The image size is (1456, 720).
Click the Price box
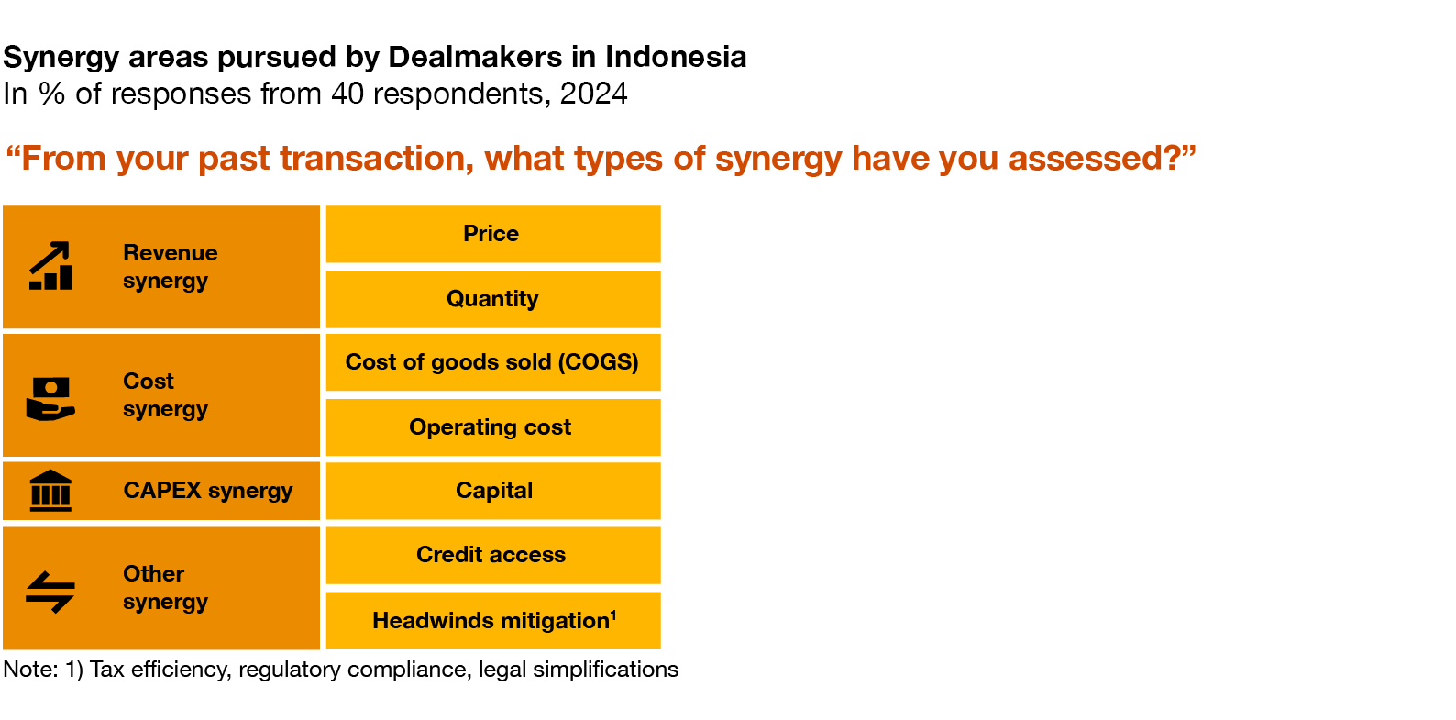click(x=493, y=234)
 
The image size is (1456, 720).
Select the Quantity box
click(x=493, y=299)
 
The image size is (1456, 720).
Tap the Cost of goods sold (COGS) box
click(x=493, y=362)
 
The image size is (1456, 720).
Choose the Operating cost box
click(x=493, y=427)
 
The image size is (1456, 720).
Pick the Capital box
click(x=493, y=491)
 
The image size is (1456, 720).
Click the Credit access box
click(x=493, y=556)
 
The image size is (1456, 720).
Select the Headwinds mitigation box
click(x=493, y=621)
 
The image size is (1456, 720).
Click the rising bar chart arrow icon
click(x=50, y=266)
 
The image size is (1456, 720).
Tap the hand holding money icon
click(x=50, y=399)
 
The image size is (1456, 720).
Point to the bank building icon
click(x=50, y=491)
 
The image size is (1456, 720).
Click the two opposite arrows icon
click(x=50, y=592)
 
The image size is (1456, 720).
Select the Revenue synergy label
click(x=171, y=267)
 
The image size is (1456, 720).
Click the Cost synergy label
click(x=165, y=394)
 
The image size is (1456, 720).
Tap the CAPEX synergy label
click(x=208, y=491)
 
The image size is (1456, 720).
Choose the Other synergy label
click(x=165, y=588)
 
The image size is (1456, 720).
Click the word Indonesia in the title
click(x=676, y=57)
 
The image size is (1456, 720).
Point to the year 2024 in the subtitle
click(x=593, y=94)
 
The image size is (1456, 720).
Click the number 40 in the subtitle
click(x=347, y=94)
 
